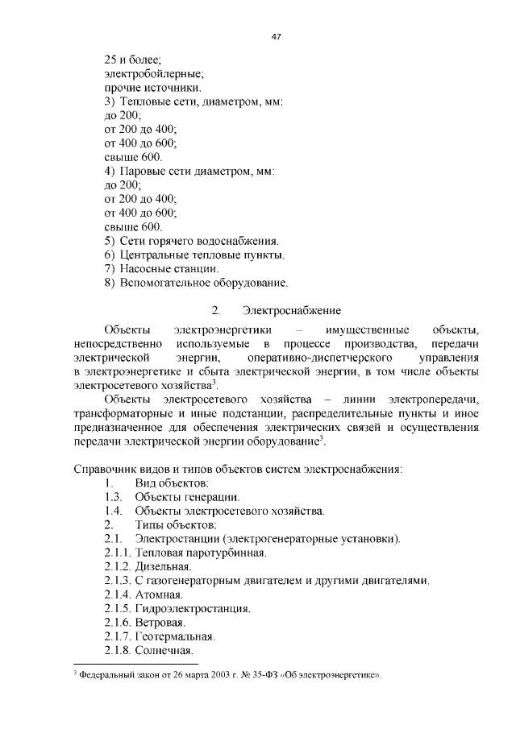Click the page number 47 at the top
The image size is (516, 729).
pyautogui.click(x=274, y=37)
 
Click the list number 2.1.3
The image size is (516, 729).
pyautogui.click(x=118, y=580)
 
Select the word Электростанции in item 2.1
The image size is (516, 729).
pyautogui.click(x=178, y=538)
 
